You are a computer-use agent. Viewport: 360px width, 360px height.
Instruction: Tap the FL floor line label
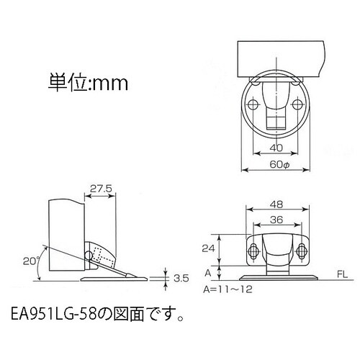[341, 274]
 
